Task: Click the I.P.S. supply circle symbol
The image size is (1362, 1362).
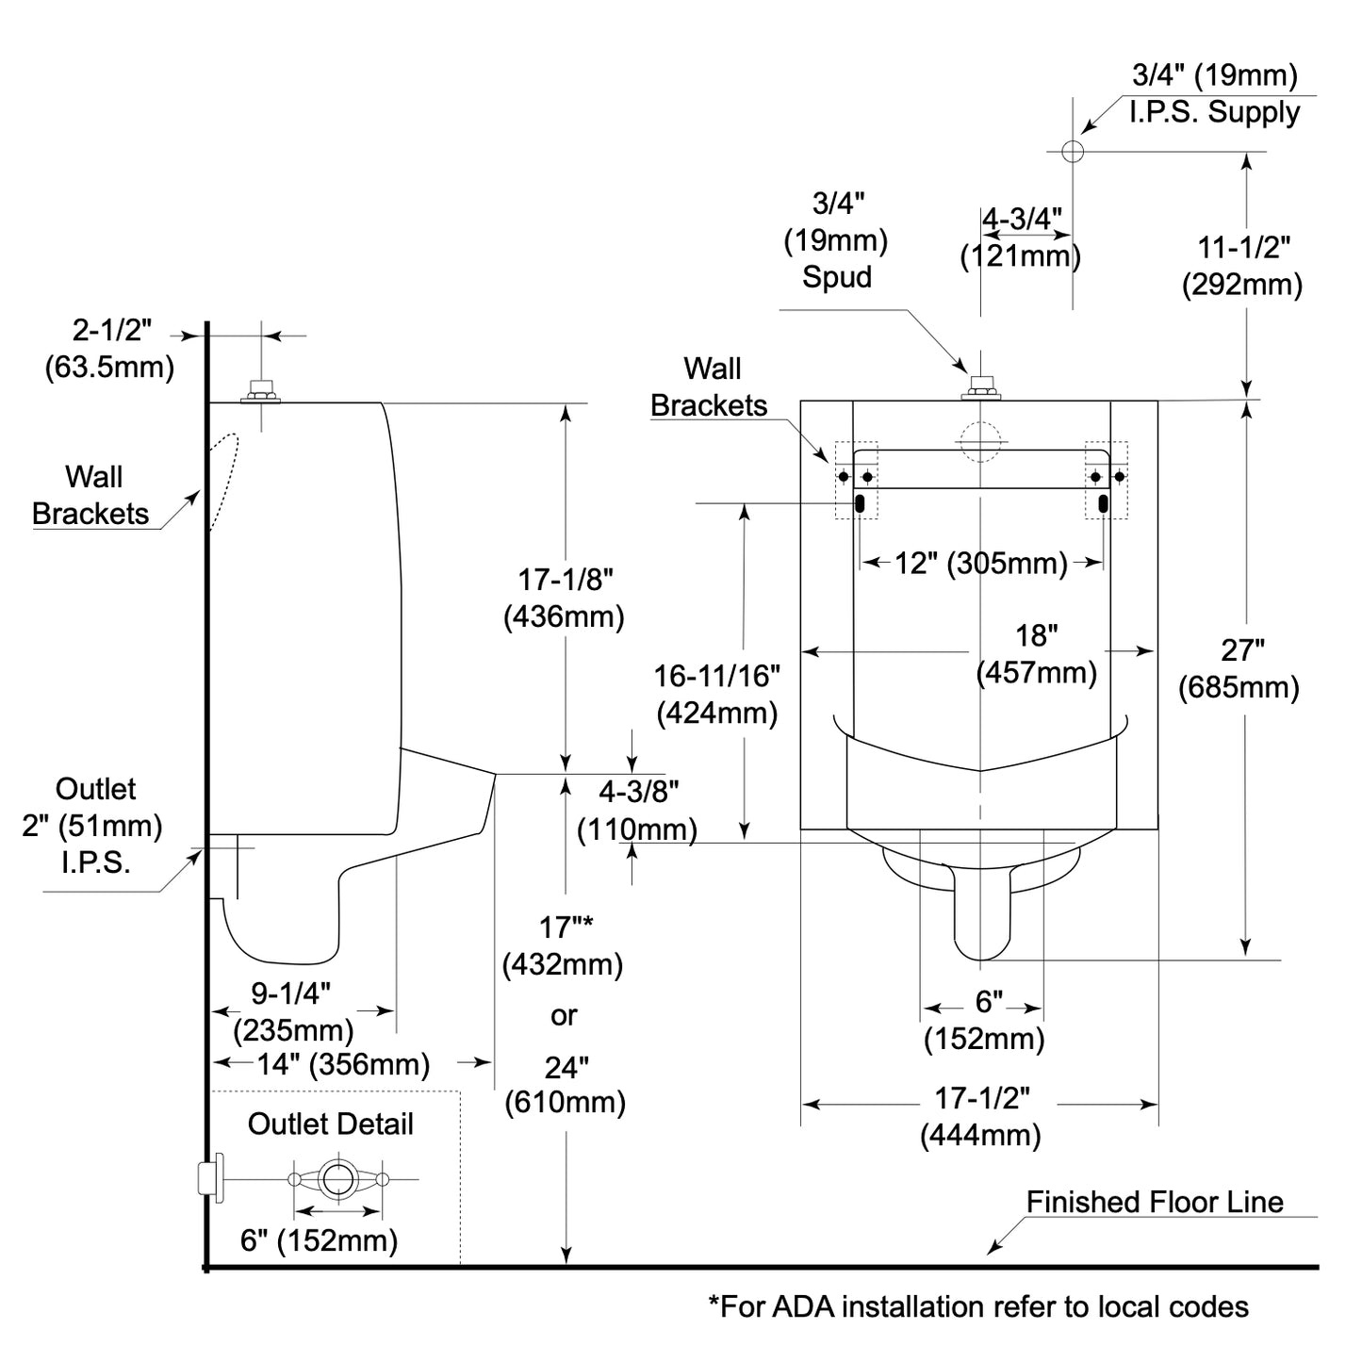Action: (x=1073, y=151)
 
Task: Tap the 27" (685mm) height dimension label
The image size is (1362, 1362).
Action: (x=1239, y=669)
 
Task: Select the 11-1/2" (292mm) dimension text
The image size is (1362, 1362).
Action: (x=1243, y=266)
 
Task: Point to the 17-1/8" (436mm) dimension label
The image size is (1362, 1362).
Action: (x=565, y=598)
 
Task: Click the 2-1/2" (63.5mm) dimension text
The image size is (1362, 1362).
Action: (x=109, y=348)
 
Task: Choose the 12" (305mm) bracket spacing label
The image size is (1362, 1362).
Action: (x=980, y=564)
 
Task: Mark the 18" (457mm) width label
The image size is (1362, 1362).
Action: (x=1037, y=654)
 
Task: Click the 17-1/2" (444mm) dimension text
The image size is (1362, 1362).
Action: (x=981, y=1117)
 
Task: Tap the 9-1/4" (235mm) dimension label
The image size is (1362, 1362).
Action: (x=292, y=1011)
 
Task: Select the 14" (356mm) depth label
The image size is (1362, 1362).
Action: (x=343, y=1064)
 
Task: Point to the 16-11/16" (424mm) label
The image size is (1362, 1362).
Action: (x=717, y=694)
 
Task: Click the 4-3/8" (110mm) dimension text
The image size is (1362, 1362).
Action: (x=638, y=811)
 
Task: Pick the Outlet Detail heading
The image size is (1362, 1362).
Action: (x=330, y=1124)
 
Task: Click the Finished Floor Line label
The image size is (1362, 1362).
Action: (x=1155, y=1202)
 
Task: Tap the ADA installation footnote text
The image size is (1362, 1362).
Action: (x=978, y=1306)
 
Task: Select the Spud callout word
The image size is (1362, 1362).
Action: (x=837, y=277)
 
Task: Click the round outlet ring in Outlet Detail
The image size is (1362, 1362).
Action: (x=336, y=1178)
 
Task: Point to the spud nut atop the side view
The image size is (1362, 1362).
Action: (x=260, y=390)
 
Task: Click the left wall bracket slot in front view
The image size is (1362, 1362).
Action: (x=861, y=503)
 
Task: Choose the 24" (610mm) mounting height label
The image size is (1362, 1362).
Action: (x=566, y=1084)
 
